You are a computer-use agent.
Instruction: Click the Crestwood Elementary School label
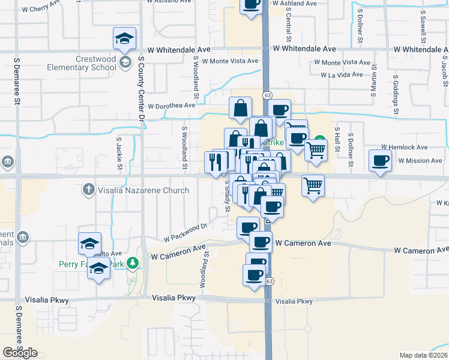88,63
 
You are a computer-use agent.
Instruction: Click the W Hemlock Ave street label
406,147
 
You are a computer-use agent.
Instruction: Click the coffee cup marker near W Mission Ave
381,161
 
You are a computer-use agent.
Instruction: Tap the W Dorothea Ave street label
172,106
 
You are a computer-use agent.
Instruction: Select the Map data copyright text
424,355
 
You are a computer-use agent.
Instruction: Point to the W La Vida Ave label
342,75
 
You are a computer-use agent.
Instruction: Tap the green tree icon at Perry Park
136,262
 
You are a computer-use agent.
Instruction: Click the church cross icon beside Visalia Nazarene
88,190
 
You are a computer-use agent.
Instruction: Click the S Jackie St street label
119,153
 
